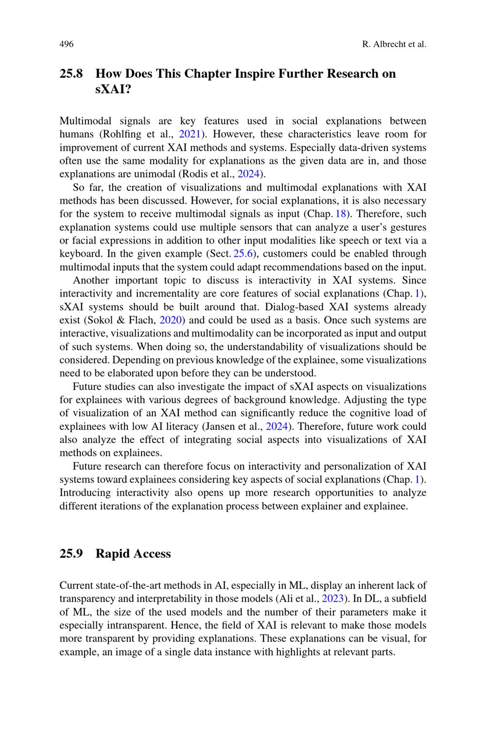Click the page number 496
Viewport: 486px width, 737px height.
click(67, 44)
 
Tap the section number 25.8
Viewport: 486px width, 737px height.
click(71, 74)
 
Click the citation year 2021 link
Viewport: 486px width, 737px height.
click(190, 134)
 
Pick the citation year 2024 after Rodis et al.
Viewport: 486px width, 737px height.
click(248, 174)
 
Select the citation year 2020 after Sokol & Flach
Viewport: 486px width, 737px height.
click(170, 320)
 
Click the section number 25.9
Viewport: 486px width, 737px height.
click(71, 554)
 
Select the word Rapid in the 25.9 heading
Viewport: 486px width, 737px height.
click(111, 554)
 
